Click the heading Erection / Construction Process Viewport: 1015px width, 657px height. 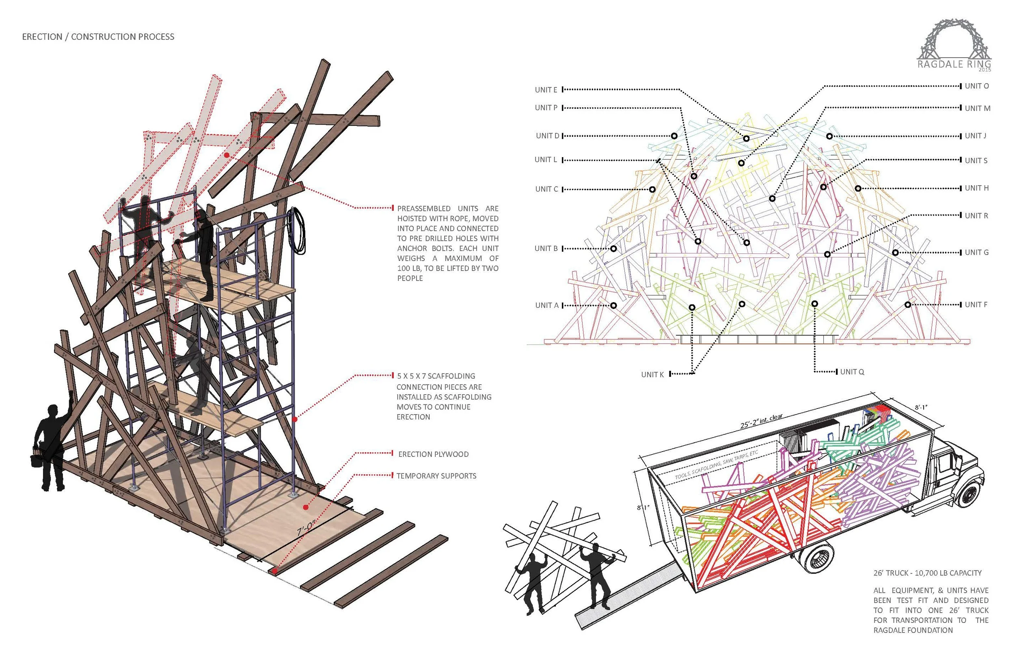98,37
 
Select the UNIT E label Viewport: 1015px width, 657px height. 546,90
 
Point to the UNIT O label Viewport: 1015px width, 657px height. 976,86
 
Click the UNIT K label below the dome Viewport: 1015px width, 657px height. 652,374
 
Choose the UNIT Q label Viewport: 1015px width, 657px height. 852,372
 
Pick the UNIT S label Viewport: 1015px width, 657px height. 976,161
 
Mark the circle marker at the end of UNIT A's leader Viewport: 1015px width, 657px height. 614,305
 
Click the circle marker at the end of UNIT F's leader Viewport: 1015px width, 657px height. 908,305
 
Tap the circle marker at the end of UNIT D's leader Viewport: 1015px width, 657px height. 674,136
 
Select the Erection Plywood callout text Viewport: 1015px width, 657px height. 433,454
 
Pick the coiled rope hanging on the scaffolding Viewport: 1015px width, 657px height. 298,230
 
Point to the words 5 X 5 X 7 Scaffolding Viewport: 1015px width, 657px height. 436,376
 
